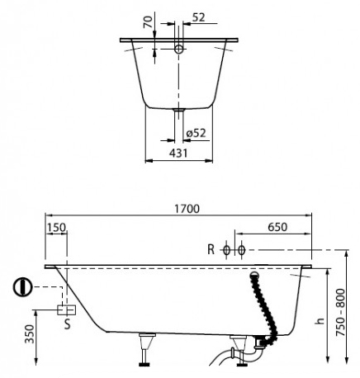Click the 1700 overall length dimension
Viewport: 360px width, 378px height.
[x=187, y=209]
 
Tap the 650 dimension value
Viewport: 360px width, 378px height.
[x=277, y=227]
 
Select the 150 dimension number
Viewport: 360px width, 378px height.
[x=56, y=228]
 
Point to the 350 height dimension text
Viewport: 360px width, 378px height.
[x=30, y=334]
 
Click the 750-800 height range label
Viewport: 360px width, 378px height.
[x=341, y=312]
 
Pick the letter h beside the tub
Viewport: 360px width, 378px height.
[x=320, y=320]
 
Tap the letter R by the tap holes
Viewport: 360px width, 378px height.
[x=211, y=250]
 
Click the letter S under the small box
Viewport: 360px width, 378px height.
[x=68, y=324]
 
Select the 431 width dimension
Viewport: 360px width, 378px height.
[x=178, y=153]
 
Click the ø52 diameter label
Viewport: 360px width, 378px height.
[x=196, y=133]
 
